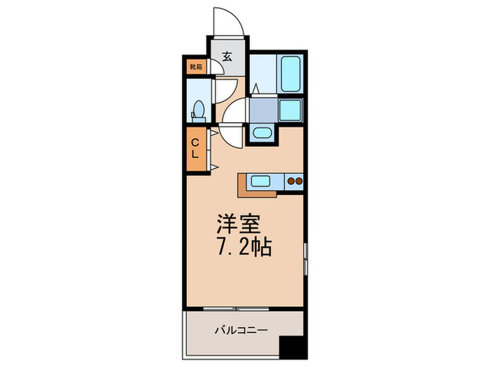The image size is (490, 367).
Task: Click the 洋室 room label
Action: [x=237, y=225]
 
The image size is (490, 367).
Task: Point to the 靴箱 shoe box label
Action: [x=196, y=67]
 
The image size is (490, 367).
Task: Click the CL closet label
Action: [x=196, y=147]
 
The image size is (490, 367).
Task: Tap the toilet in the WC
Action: [x=198, y=110]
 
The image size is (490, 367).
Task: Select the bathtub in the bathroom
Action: [x=290, y=73]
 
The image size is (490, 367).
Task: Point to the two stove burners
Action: [x=295, y=182]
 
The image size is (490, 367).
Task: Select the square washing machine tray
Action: [x=290, y=110]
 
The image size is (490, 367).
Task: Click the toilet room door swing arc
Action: [x=225, y=92]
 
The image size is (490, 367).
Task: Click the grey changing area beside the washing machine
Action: [x=263, y=110]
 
